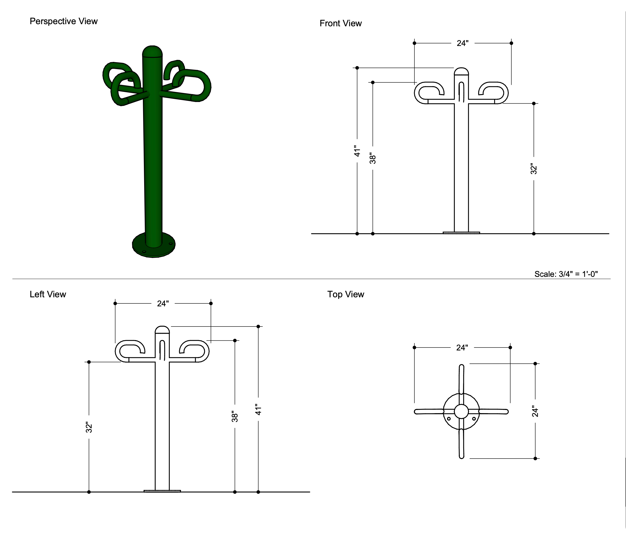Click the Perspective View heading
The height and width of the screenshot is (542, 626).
[63, 21]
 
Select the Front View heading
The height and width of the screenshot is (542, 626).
[340, 23]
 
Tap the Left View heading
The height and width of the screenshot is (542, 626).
[48, 294]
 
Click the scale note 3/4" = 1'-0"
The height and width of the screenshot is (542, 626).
[566, 274]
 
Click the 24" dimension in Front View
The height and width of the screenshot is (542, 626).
[462, 43]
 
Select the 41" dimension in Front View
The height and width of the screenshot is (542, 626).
[357, 151]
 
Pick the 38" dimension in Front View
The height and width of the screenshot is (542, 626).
[373, 159]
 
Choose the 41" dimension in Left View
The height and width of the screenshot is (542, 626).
[258, 409]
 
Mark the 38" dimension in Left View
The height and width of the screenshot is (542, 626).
[235, 417]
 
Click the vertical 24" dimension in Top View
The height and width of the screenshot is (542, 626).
[535, 411]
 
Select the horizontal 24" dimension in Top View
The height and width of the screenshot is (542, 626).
[462, 348]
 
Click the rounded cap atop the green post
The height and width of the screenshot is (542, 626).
[152, 52]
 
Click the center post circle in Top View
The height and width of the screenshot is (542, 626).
[461, 411]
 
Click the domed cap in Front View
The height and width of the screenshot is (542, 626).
[461, 71]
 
